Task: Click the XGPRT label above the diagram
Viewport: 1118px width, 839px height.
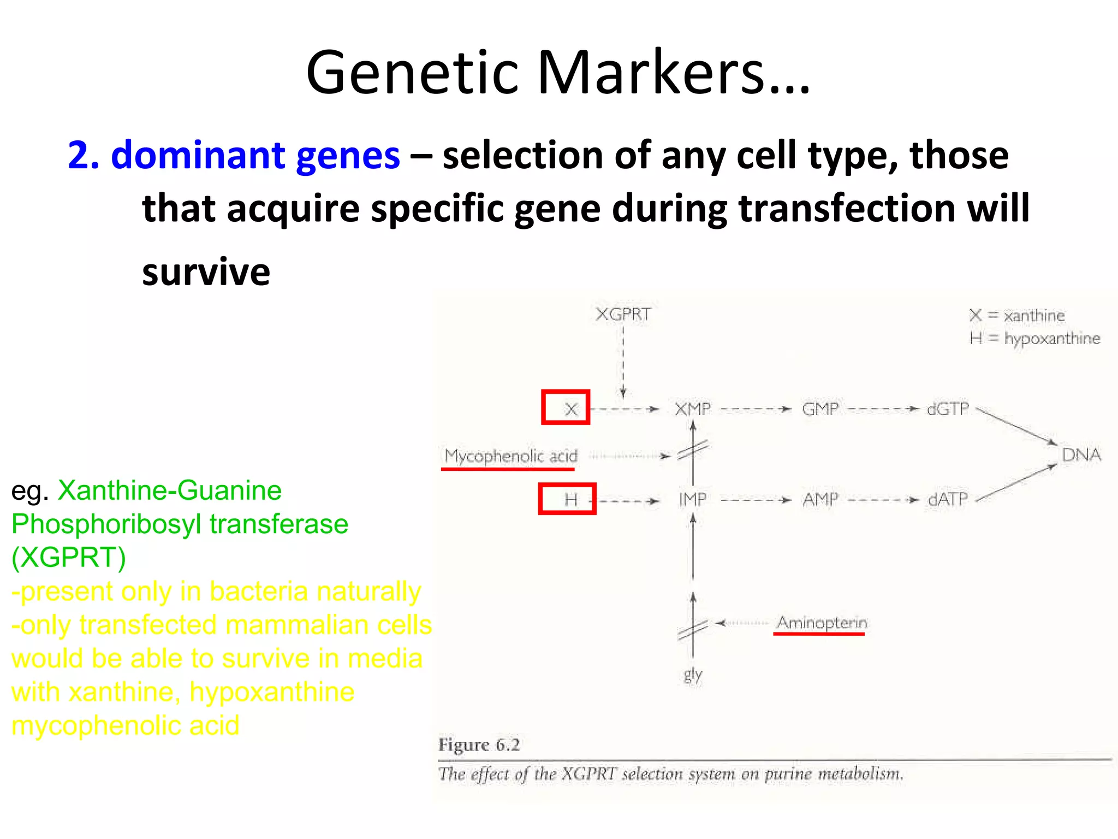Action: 623,315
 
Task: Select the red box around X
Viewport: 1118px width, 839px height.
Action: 566,407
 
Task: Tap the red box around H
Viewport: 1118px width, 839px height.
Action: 567,499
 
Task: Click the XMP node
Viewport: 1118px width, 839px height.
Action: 693,409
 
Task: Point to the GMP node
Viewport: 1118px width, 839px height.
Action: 820,409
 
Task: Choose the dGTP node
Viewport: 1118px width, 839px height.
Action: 948,409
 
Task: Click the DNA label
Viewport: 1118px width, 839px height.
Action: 1081,454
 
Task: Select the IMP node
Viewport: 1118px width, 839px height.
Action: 692,499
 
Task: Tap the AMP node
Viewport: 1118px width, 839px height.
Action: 820,499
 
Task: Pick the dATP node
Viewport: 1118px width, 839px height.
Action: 948,499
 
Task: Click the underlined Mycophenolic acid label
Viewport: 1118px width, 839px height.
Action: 510,456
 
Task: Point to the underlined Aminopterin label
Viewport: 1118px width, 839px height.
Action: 822,623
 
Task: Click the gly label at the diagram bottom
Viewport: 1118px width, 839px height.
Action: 693,675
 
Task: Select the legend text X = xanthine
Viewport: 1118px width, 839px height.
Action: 1017,315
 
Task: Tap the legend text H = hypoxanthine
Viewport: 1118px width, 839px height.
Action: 1034,339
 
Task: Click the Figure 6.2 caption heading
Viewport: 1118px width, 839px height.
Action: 479,745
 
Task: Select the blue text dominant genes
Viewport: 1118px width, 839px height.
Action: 255,155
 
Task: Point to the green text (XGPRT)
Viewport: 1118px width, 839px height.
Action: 69,558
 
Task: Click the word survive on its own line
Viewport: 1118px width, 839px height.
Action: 206,272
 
